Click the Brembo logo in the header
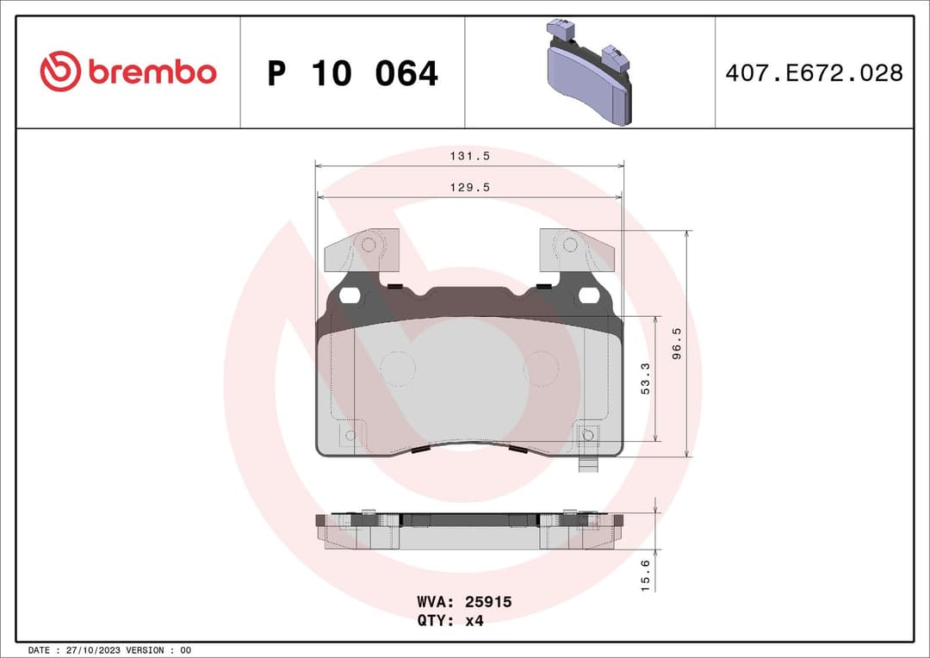tap(128, 72)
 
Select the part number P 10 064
tap(352, 74)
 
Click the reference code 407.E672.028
tap(814, 73)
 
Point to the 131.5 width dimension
tap(469, 156)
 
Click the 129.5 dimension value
tap(469, 188)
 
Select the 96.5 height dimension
tap(677, 344)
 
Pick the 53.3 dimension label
tap(646, 379)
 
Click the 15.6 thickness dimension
tap(646, 573)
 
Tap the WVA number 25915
tap(488, 602)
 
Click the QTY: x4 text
tap(450, 620)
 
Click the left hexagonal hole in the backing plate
tap(350, 296)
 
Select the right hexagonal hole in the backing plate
tap(589, 296)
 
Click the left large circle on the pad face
tap(397, 369)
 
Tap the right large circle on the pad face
tap(541, 369)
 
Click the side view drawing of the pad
tap(469, 531)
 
